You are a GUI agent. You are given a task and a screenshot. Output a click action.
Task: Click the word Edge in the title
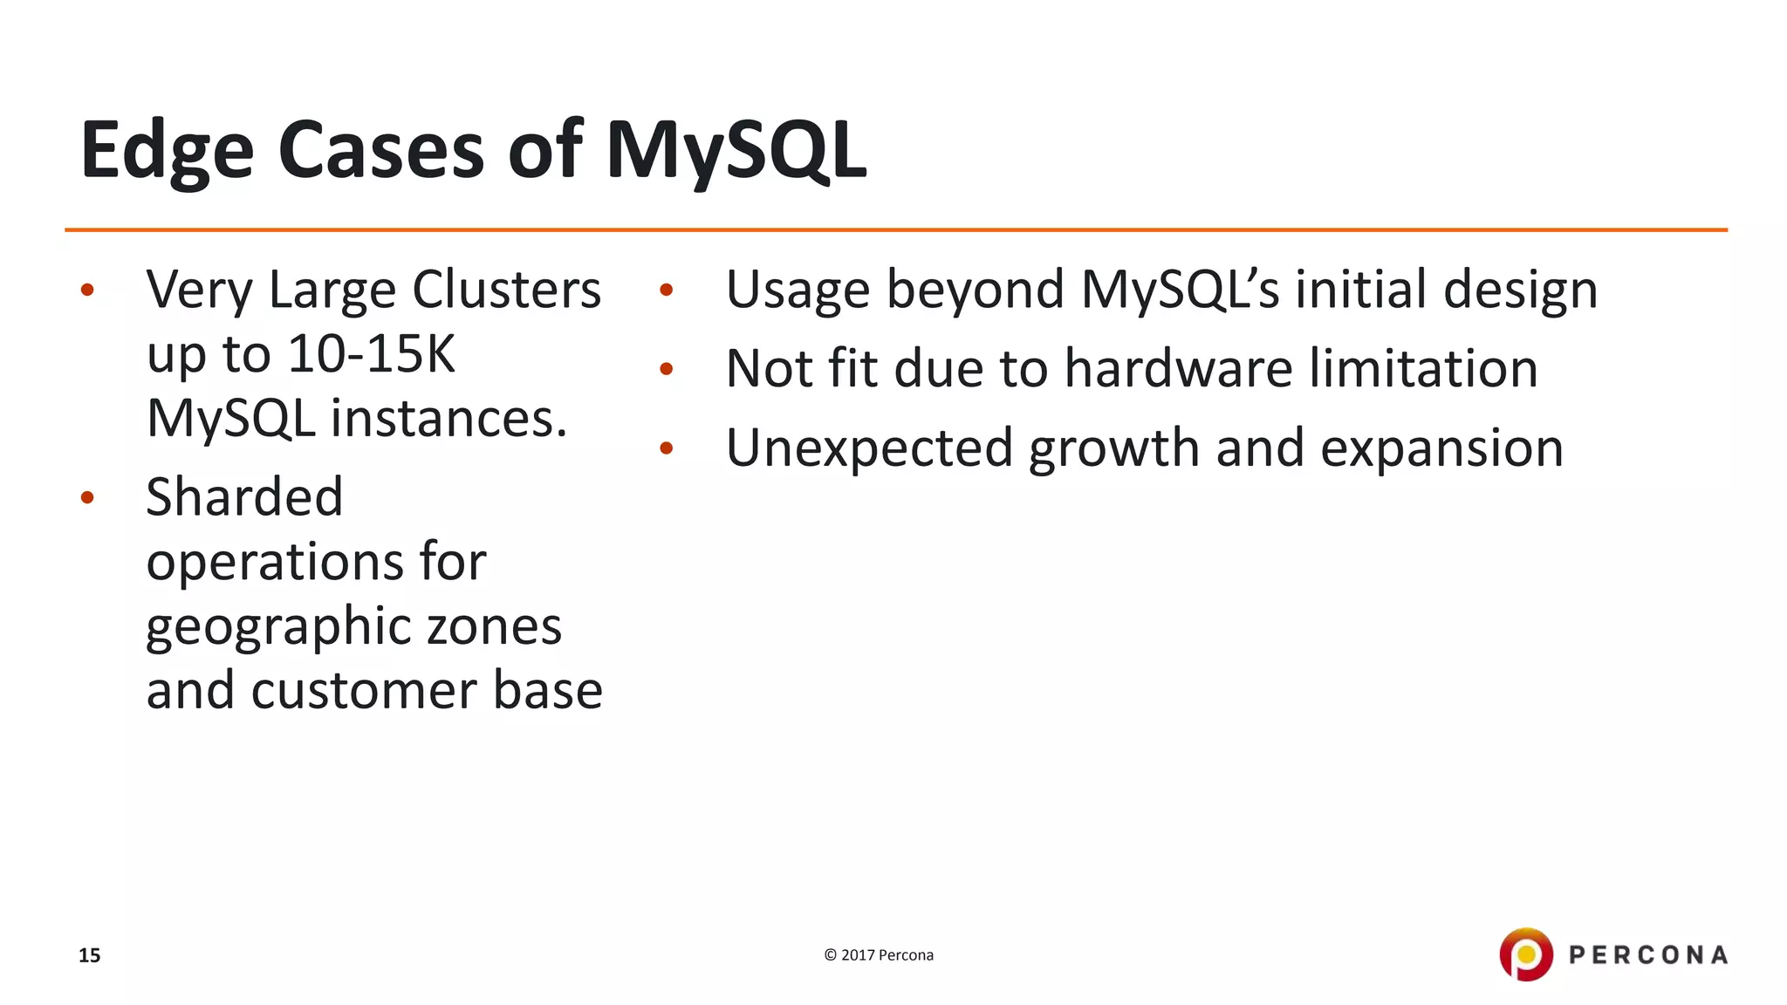click(167, 152)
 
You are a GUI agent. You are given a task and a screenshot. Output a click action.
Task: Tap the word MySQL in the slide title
click(736, 152)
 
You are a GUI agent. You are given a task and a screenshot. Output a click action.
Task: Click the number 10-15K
click(371, 354)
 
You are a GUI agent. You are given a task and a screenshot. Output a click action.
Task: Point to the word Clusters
click(506, 290)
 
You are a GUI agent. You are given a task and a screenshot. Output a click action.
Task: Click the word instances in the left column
click(448, 419)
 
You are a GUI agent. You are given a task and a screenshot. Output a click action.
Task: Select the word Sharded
click(244, 497)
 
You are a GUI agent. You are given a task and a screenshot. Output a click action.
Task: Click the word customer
click(365, 691)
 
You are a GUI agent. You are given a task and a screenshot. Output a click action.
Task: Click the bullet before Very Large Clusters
click(86, 291)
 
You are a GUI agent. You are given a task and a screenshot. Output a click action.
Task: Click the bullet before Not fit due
click(667, 369)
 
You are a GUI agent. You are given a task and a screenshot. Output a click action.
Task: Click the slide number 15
click(89, 955)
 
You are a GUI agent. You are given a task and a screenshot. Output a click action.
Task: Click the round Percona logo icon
click(1525, 954)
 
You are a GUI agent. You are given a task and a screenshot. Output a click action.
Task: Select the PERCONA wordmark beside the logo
click(1647, 955)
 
